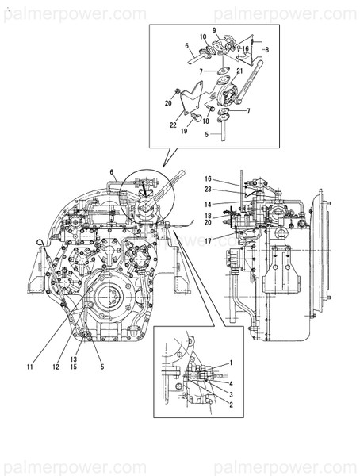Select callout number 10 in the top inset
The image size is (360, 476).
point(203,37)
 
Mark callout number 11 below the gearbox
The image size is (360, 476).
point(29,367)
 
